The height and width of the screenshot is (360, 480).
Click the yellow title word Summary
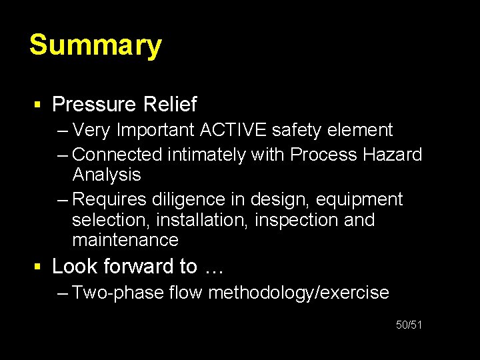[95, 46]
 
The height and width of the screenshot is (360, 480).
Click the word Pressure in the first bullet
[93, 105]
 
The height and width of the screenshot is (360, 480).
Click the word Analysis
[107, 175]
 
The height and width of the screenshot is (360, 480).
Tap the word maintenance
[125, 240]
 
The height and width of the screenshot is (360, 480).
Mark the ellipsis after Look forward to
[214, 268]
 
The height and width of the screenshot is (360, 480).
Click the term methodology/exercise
[299, 293]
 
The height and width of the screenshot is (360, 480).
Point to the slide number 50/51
[409, 325]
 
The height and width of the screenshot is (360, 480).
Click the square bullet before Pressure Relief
[39, 105]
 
